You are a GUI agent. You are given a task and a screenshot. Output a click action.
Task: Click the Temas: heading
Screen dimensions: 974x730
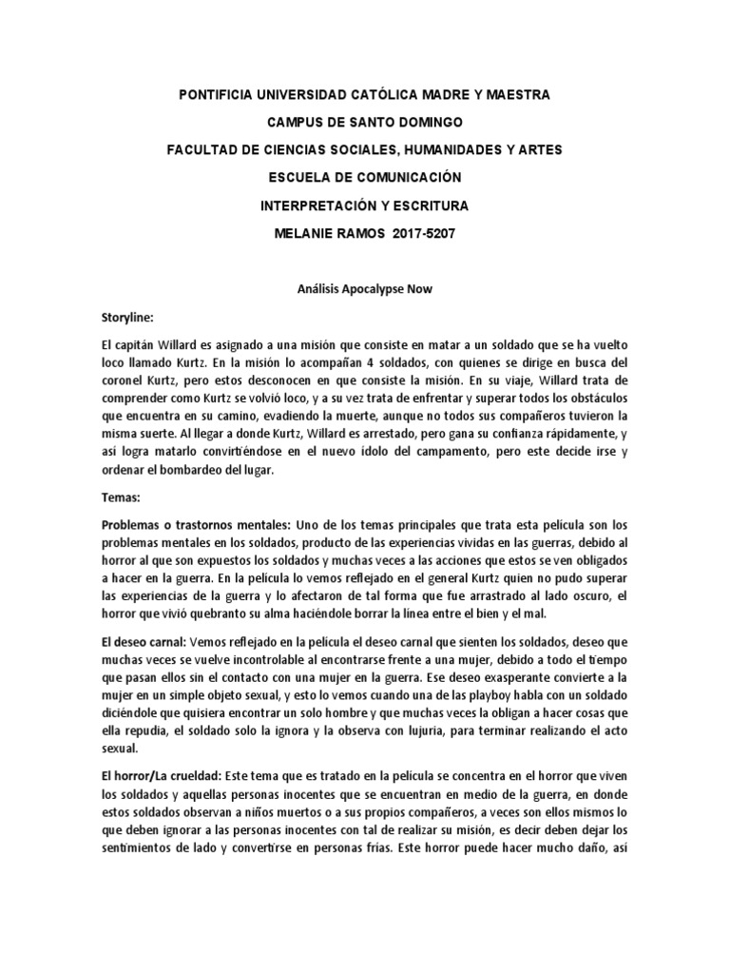coord(121,497)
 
